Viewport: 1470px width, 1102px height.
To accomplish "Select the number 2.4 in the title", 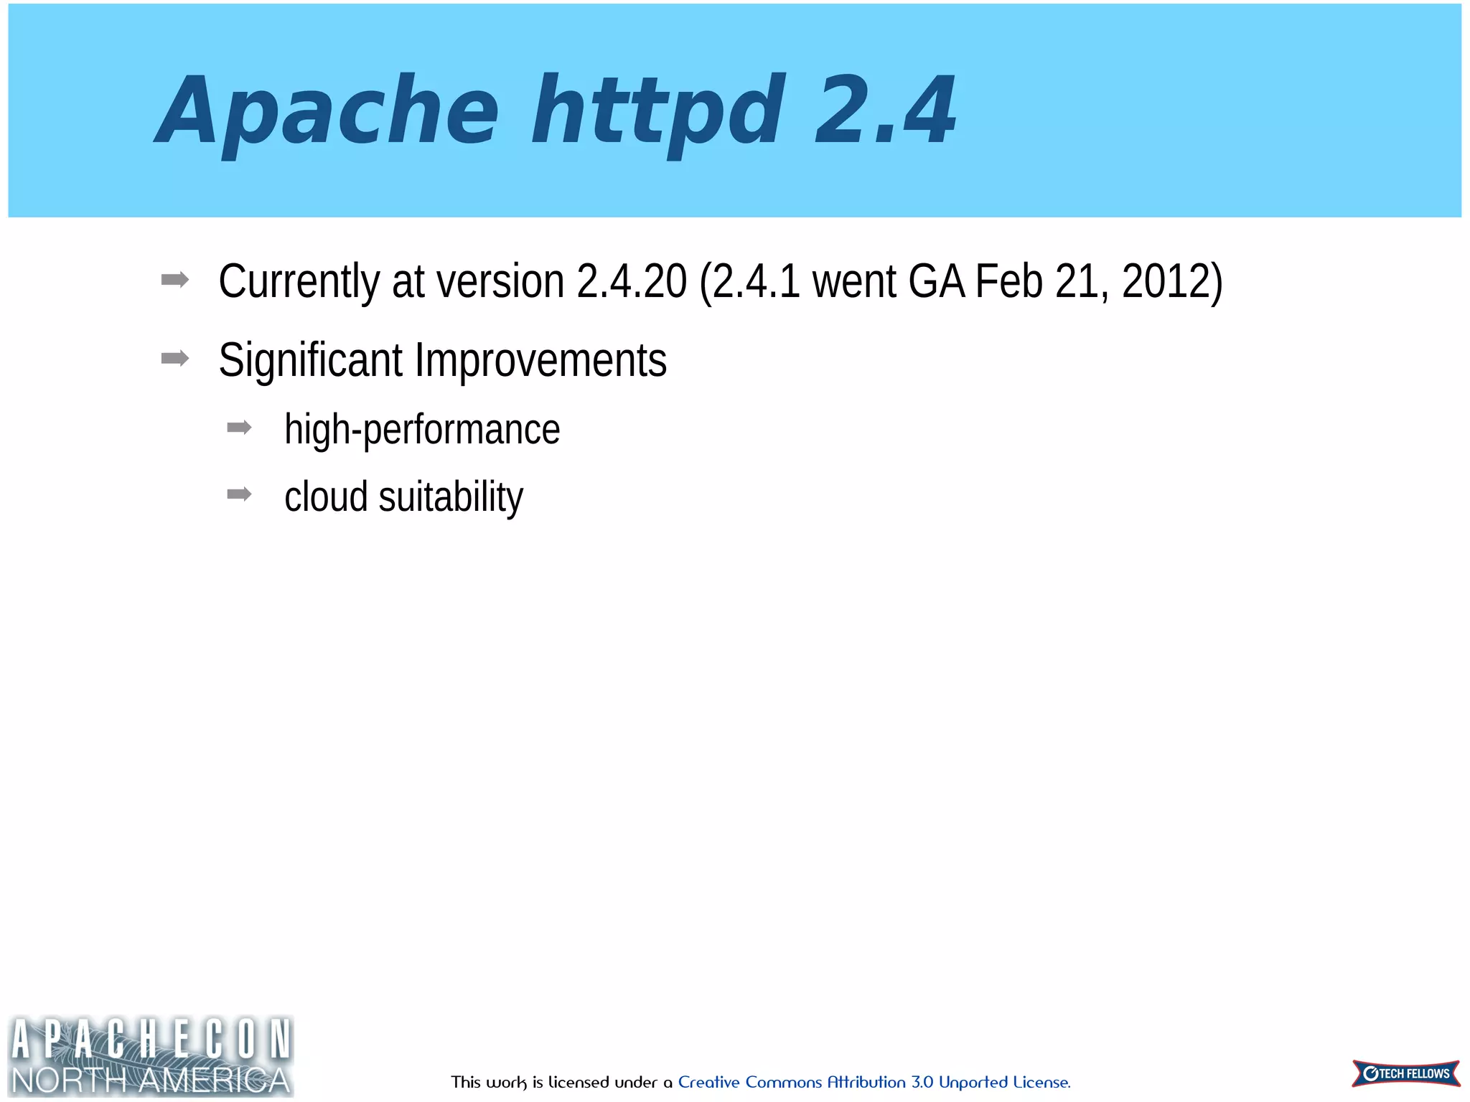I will click(885, 111).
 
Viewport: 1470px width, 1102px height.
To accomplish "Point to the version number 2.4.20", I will click(632, 281).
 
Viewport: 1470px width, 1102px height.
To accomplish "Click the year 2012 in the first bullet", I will click(1166, 281).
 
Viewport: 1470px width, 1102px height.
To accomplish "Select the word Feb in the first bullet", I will click(1008, 281).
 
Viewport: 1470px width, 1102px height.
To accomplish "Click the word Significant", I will click(310, 360).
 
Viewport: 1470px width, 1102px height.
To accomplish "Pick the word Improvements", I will click(540, 360).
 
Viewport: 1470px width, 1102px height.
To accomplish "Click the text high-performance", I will click(422, 430).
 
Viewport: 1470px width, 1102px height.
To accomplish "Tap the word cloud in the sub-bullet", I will click(326, 496).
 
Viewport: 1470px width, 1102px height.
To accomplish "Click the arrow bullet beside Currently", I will click(175, 280).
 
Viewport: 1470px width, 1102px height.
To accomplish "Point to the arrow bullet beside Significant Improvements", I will click(175, 358).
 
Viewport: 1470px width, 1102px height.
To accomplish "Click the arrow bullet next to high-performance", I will click(239, 428).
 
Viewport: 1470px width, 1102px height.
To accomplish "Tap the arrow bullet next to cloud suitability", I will click(239, 494).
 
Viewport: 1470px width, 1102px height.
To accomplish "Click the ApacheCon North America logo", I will click(151, 1055).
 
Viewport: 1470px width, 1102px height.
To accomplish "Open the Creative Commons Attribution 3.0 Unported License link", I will click(874, 1082).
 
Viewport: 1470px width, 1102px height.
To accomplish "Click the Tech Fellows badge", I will click(1405, 1073).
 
